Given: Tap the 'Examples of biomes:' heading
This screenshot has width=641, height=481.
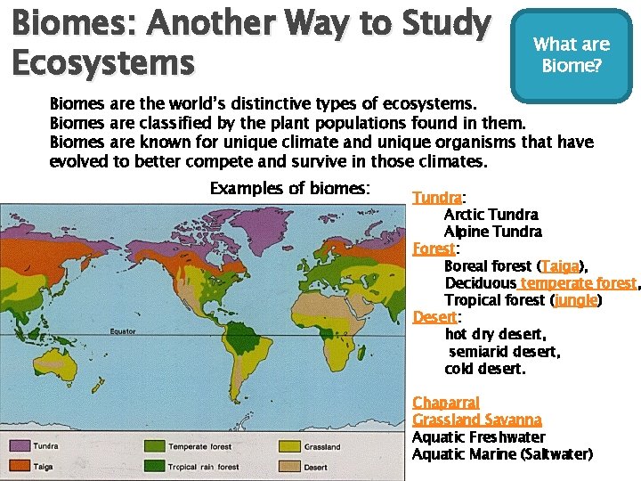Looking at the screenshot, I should point(289,188).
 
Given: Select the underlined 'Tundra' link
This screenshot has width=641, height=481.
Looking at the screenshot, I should point(437,198).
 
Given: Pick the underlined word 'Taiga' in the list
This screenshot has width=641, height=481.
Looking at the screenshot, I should point(561,266).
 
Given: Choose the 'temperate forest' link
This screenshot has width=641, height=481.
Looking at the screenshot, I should point(579,283).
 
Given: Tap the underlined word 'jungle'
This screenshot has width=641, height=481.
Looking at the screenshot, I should point(575,300).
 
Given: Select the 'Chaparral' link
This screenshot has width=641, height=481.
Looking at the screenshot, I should point(446,403).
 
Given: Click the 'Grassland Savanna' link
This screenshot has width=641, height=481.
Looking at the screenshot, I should point(477,420).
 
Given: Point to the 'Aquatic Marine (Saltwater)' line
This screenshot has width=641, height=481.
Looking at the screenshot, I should point(502,454).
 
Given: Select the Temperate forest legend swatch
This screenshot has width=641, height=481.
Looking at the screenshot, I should point(154,446).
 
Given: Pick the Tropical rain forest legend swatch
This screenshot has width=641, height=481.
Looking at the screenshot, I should point(154,466).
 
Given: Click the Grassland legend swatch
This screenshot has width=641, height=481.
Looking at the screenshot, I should point(289,446).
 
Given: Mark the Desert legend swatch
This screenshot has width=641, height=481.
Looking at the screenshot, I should point(289,466).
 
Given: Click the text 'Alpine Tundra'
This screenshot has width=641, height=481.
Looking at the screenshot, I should point(493,232).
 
